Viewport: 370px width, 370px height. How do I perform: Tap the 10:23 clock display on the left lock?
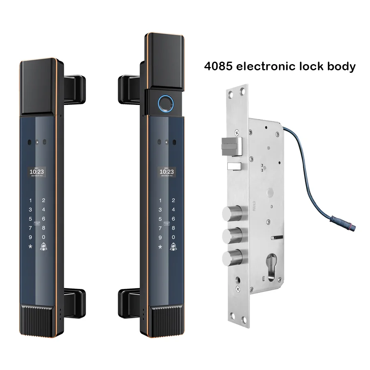click(x=37, y=172)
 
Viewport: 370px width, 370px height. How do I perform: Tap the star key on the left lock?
click(x=30, y=247)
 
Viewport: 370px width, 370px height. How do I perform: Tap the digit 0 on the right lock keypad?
click(x=173, y=237)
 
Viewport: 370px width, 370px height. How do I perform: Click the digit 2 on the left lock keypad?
click(x=44, y=200)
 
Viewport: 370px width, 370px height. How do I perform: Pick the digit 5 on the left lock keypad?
click(x=30, y=219)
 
